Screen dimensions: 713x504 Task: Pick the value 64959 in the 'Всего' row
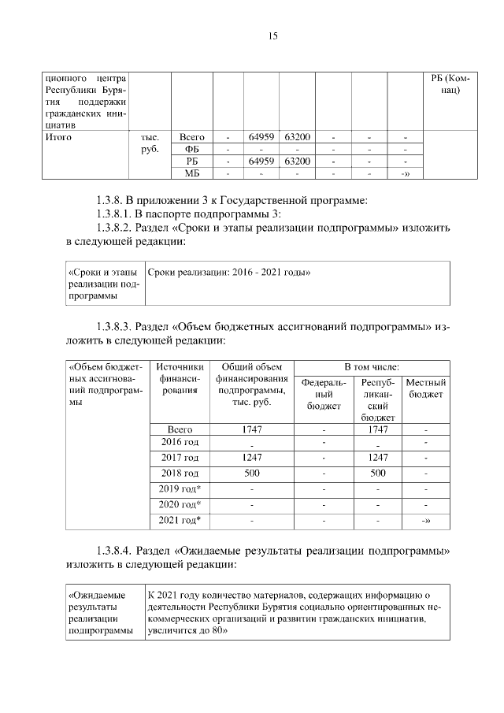coord(261,137)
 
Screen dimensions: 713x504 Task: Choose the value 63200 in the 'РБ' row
coord(297,162)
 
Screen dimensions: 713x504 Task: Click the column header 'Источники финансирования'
coord(180,378)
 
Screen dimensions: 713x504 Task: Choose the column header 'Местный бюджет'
coord(426,388)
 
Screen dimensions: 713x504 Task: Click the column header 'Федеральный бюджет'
coord(324,394)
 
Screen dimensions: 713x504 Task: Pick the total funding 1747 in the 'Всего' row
coord(251,430)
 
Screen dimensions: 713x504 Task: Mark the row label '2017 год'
coord(180,457)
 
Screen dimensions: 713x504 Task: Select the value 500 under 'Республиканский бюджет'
coord(378,473)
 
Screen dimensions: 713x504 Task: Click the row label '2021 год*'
coord(180,520)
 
